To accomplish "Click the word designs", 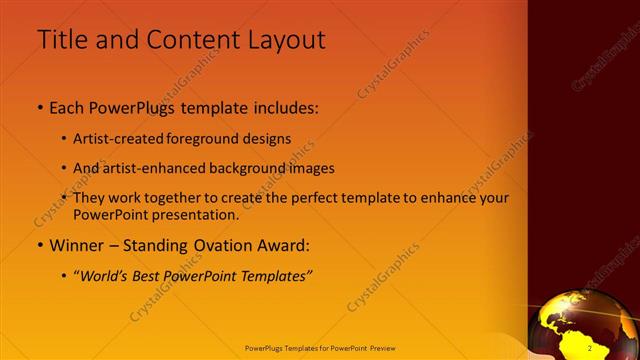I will [269, 138].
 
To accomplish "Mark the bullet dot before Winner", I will [40, 245].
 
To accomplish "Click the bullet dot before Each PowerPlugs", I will [40, 106].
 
